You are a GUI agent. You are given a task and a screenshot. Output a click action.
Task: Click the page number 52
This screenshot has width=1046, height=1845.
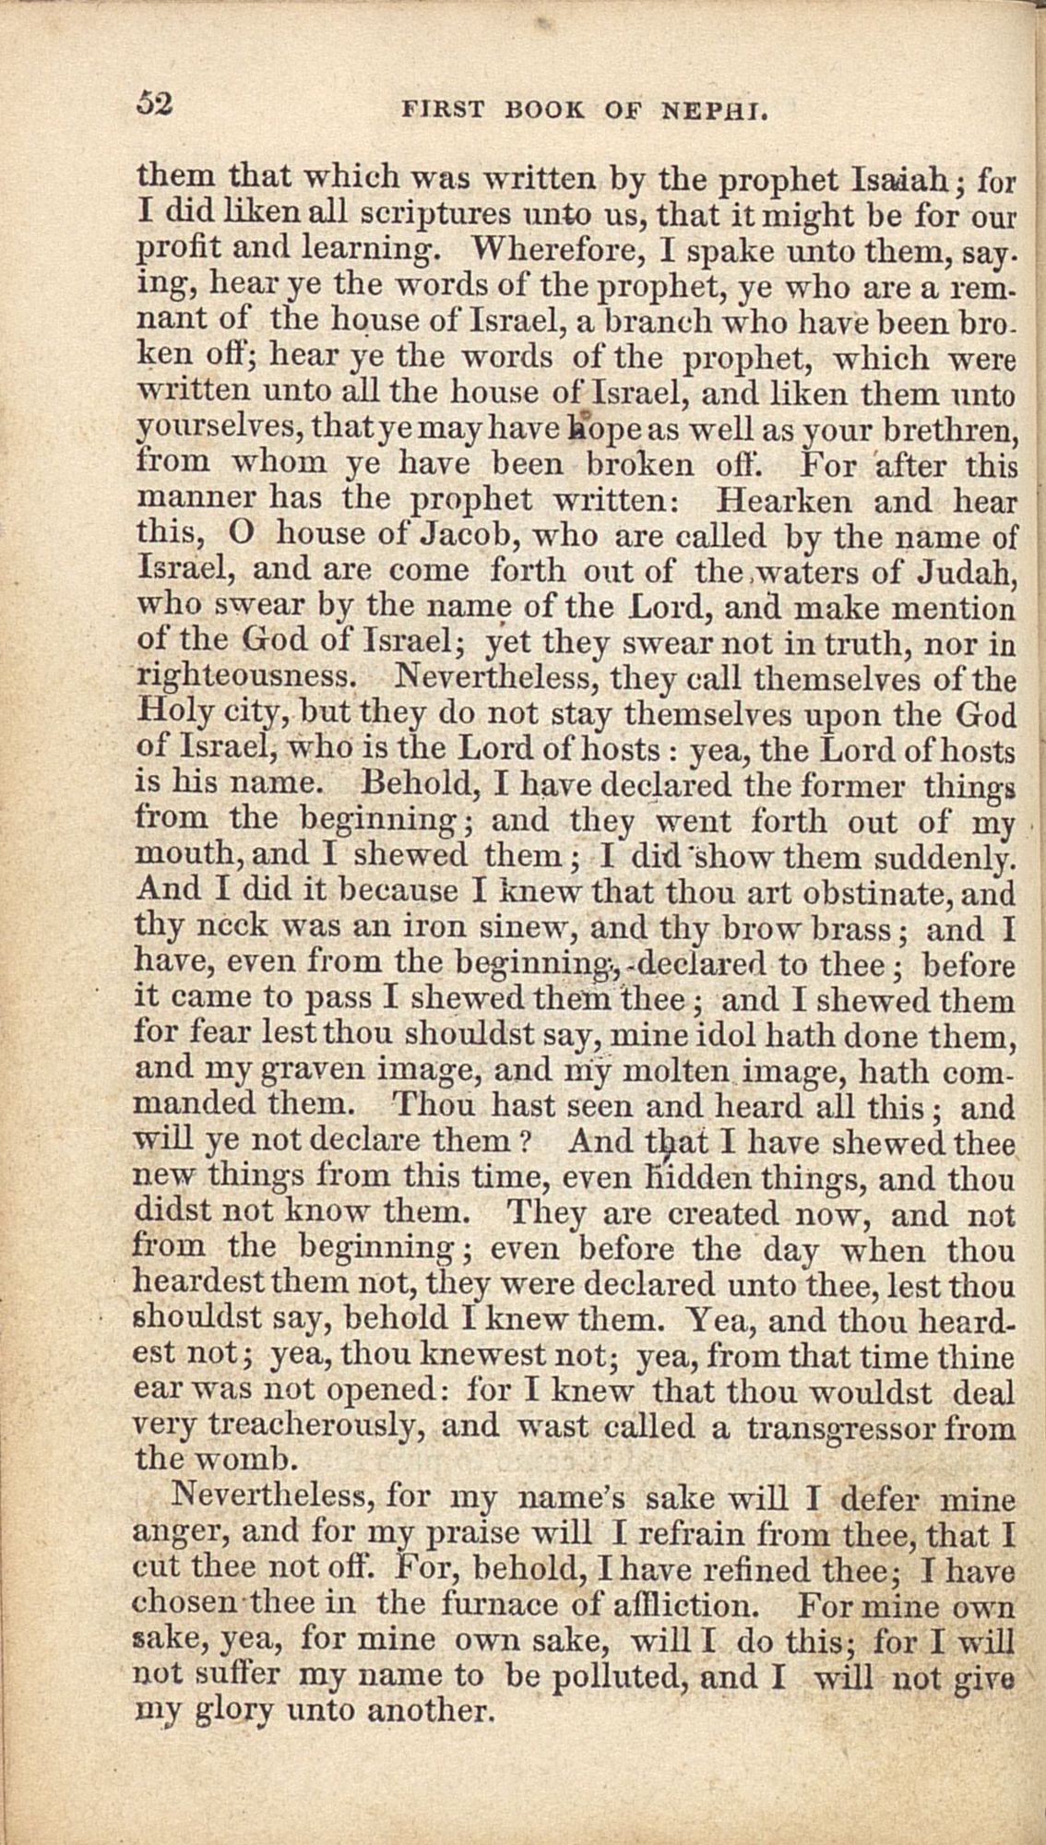click(155, 104)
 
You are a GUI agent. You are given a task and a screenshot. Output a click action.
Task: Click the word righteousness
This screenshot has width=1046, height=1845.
click(244, 680)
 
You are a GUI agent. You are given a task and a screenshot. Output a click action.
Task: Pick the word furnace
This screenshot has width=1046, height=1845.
click(495, 1606)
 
